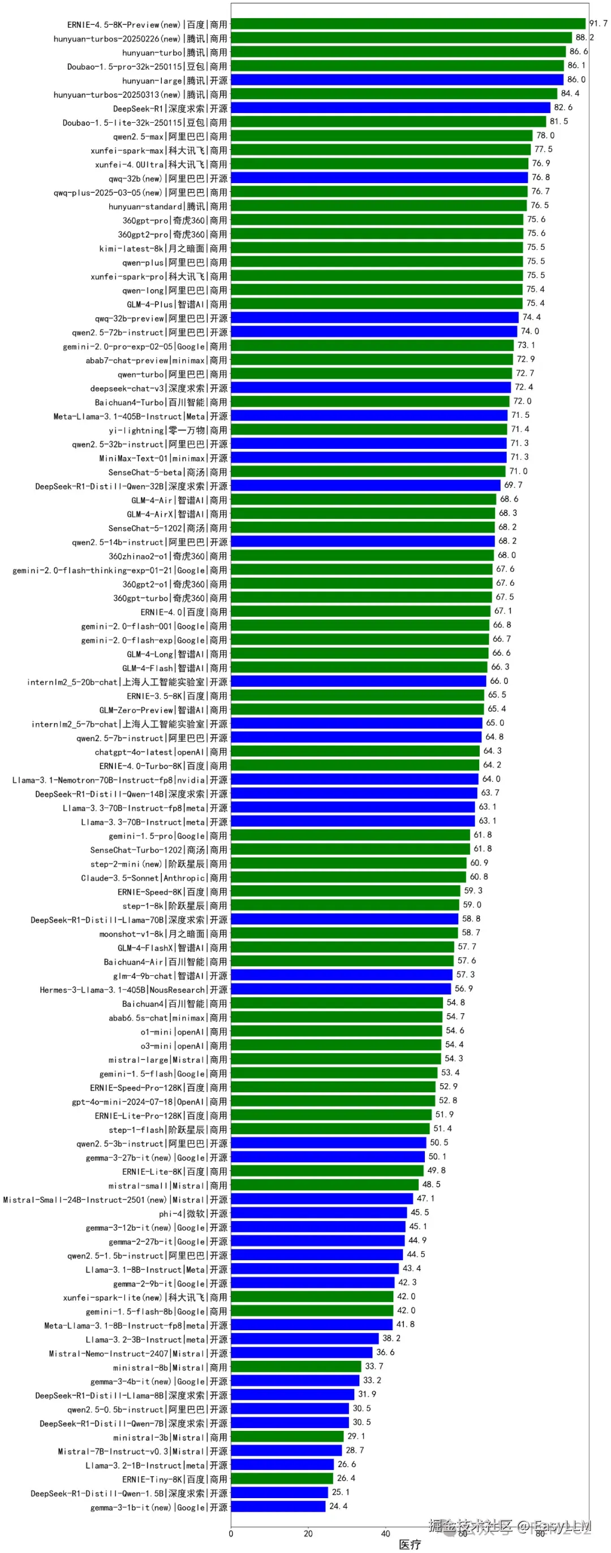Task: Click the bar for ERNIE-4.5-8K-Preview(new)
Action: click(x=408, y=24)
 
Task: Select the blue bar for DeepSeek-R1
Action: click(x=390, y=108)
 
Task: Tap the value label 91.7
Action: click(x=598, y=24)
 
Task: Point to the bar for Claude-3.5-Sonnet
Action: click(x=348, y=877)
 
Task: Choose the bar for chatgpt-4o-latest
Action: click(x=355, y=751)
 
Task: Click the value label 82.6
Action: click(x=563, y=107)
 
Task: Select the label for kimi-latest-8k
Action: click(x=163, y=248)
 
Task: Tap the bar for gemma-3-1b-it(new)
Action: click(x=278, y=1507)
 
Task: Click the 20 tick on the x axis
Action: click(x=308, y=1533)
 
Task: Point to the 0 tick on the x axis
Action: click(x=231, y=1533)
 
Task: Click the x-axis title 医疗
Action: click(x=410, y=1544)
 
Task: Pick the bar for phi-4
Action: click(x=319, y=1212)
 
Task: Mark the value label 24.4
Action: click(x=338, y=1506)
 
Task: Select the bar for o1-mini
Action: click(x=336, y=1031)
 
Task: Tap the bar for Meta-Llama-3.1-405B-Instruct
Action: click(x=369, y=416)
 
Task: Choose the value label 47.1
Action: click(x=425, y=1198)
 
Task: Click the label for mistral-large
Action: click(x=167, y=1059)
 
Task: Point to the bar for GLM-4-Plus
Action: click(x=376, y=304)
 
